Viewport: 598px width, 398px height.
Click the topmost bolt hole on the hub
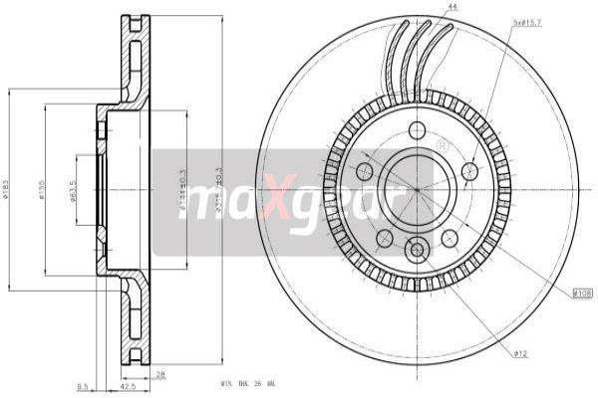(417, 130)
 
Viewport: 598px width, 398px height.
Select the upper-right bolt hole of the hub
(469, 171)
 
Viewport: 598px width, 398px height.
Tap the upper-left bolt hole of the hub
(365, 171)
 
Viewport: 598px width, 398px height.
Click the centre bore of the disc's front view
(417, 189)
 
